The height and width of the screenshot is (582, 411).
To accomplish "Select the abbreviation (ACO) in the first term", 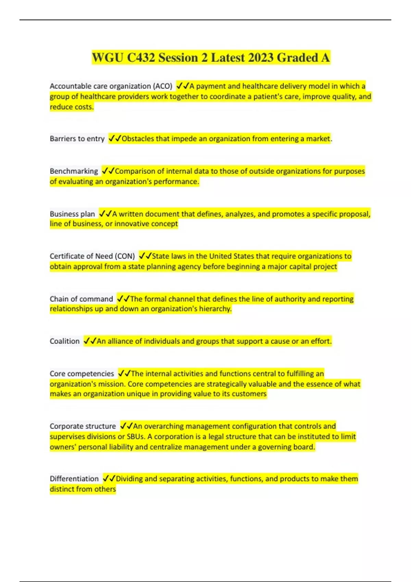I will [x=162, y=86].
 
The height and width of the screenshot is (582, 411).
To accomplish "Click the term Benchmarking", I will [x=74, y=171].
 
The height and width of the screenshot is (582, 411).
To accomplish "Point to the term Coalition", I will [x=64, y=341].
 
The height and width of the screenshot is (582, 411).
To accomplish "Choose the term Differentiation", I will [x=74, y=479].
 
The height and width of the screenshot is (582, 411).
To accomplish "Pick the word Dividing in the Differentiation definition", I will [x=129, y=479].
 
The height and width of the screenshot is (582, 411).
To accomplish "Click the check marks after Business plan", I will [x=105, y=214].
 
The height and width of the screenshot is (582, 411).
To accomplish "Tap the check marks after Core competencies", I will [x=124, y=374].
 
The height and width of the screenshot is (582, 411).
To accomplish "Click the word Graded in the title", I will [x=297, y=58].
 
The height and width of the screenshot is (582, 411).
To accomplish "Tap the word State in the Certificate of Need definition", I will [x=160, y=256].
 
